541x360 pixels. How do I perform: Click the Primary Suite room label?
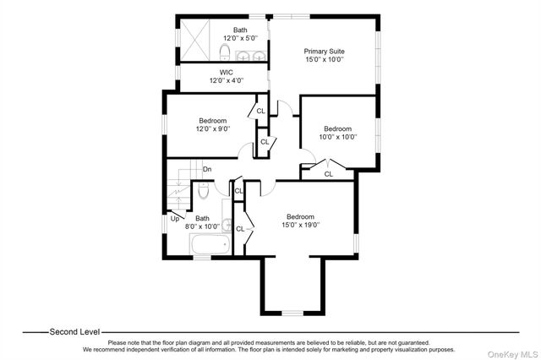(324, 52)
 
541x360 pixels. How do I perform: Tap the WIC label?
(227, 73)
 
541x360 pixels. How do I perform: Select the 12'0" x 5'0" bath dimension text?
(240, 38)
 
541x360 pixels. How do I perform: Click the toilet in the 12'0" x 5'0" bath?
(225, 52)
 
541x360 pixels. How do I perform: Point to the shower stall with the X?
(195, 40)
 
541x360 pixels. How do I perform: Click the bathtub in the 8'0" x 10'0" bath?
(210, 244)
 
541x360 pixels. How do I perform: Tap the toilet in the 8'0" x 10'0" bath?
(204, 191)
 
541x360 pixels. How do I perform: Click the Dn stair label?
(207, 169)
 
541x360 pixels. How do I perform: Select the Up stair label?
(175, 219)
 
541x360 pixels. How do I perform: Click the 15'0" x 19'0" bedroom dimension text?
(301, 225)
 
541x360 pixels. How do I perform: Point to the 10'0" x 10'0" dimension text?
(338, 137)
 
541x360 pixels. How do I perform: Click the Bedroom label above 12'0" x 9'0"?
(213, 121)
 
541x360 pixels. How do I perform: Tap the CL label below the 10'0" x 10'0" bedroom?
(329, 174)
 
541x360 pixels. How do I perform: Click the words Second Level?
(74, 332)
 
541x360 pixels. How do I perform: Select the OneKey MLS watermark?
(512, 354)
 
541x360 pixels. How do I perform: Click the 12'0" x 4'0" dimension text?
(227, 80)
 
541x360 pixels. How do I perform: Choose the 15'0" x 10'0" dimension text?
(325, 59)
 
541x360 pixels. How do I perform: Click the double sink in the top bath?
(251, 56)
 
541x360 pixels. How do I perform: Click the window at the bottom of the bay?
(292, 314)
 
